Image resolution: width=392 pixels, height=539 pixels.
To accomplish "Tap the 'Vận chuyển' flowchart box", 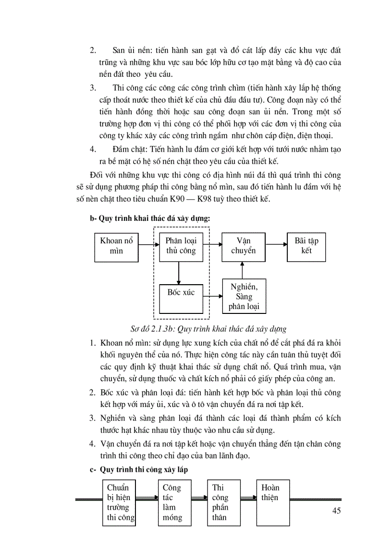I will coord(243,246).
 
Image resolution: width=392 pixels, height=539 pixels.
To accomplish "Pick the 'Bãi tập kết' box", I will coord(306,246).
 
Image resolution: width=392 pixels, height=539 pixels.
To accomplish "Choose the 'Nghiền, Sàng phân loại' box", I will coord(244,297).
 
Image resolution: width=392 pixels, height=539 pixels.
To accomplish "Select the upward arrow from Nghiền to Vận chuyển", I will coord(242,270).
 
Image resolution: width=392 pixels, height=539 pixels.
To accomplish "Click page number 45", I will coord(336,511).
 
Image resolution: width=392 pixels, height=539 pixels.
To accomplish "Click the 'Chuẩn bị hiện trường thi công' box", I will coord(120,503).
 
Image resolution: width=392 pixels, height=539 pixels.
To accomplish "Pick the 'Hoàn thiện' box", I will coord(274,503).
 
